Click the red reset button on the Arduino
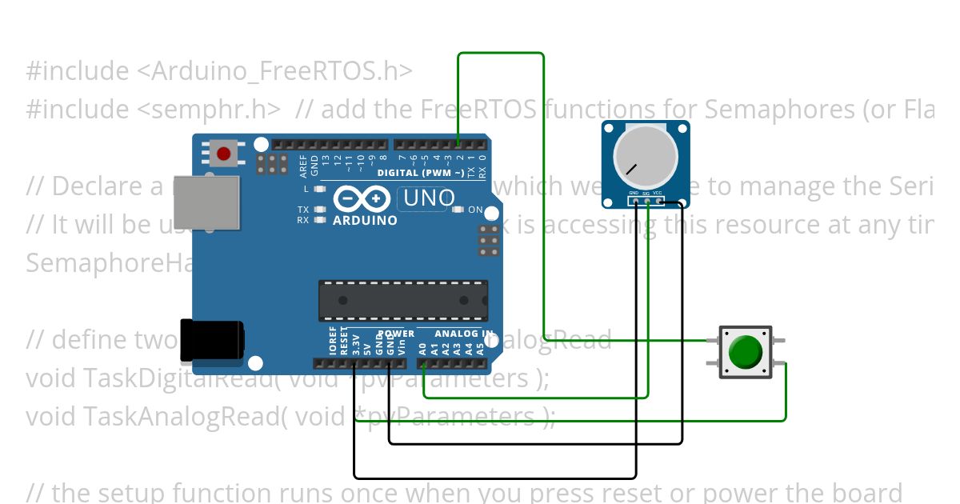click(223, 153)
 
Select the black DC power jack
click(211, 339)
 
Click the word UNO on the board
click(426, 198)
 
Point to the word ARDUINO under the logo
click(365, 220)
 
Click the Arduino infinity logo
click(363, 198)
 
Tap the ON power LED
click(458, 210)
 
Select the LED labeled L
click(320, 190)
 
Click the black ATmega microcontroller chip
click(403, 300)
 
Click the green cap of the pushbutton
click(746, 352)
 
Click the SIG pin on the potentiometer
click(646, 200)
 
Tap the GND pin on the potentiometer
click(634, 200)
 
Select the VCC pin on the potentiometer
click(658, 200)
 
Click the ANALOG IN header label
click(463, 334)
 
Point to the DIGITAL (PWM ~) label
click(421, 173)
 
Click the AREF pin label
click(303, 166)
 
